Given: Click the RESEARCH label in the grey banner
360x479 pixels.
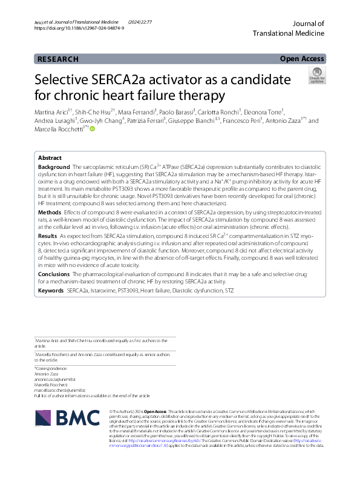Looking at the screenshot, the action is [57, 59].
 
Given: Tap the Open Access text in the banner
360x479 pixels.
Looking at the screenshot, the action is [302, 59].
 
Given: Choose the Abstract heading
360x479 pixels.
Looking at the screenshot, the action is [50, 157].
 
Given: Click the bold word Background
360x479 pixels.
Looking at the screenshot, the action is [53, 166].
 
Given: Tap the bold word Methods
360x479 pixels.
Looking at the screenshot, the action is [49, 213].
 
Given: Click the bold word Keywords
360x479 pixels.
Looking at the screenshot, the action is [51, 291].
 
